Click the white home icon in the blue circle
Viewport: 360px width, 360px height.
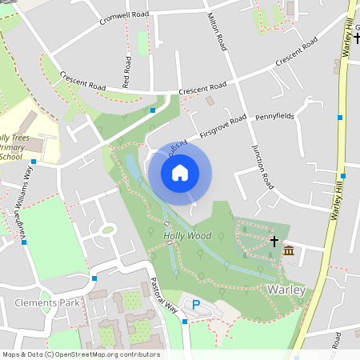pyautogui.click(x=180, y=172)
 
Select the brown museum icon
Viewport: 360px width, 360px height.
pyautogui.click(x=288, y=252)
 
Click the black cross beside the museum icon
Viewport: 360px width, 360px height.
pyautogui.click(x=274, y=240)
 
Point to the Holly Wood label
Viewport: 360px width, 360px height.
pyautogui.click(x=187, y=236)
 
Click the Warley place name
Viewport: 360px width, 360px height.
pyautogui.click(x=286, y=289)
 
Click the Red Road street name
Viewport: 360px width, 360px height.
pyautogui.click(x=126, y=71)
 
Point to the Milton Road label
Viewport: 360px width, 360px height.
pyautogui.click(x=217, y=31)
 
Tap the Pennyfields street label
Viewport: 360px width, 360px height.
pyautogui.click(x=274, y=117)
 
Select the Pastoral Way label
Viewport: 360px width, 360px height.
pyautogui.click(x=165, y=296)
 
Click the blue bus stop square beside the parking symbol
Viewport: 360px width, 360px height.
pyautogui.click(x=185, y=322)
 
